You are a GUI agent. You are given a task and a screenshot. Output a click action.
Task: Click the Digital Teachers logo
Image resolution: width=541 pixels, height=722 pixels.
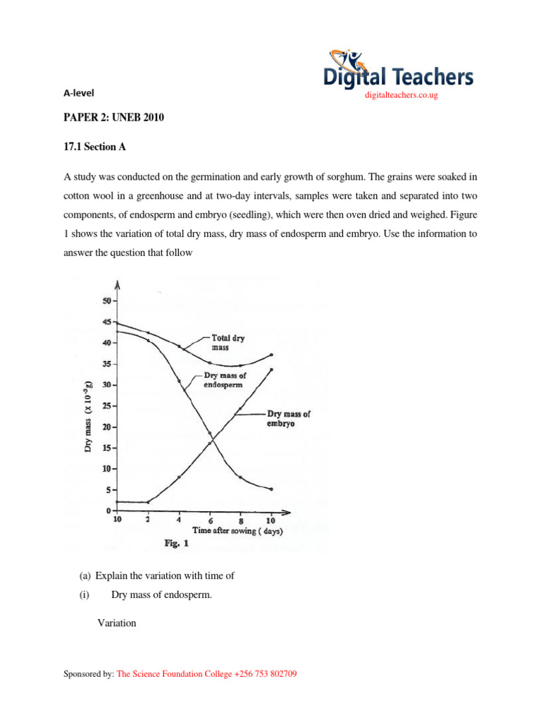[x=398, y=70]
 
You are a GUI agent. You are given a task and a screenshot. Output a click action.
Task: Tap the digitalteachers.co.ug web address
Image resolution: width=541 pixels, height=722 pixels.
[x=398, y=95]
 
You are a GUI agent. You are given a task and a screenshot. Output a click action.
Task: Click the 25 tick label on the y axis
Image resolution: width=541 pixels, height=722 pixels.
[x=105, y=406]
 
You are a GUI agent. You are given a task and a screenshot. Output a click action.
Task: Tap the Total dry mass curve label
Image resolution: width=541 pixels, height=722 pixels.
[x=229, y=343]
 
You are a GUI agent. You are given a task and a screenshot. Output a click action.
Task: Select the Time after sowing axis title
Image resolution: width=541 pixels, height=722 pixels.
[x=237, y=531]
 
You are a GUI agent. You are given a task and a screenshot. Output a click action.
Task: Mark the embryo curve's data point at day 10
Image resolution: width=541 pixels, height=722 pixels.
[x=271, y=369]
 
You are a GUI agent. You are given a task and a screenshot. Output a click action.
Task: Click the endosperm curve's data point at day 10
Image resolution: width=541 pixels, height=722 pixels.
[x=271, y=489]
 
